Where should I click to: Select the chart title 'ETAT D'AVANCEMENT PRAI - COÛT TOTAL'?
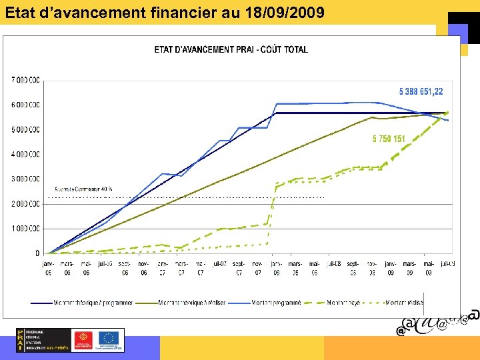pyautogui.click(x=231, y=49)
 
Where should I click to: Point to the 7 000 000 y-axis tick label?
pyautogui.click(x=25, y=80)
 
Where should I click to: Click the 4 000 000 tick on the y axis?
pyautogui.click(x=25, y=154)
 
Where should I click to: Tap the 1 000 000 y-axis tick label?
pyautogui.click(x=25, y=229)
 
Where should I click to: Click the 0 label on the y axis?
pyautogui.click(x=37, y=253)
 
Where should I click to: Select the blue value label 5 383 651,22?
pyautogui.click(x=421, y=92)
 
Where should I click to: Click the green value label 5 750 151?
pyautogui.click(x=389, y=139)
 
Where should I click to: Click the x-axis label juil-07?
pyautogui.click(x=219, y=263)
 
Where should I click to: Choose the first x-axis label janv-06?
pyautogui.click(x=48, y=267)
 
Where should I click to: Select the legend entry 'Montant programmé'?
pyautogui.click(x=276, y=302)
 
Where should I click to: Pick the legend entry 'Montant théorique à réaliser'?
pyautogui.click(x=193, y=302)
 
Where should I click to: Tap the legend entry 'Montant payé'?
pyautogui.click(x=343, y=302)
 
